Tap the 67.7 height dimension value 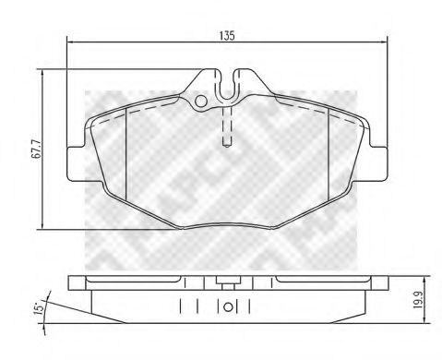click(30, 150)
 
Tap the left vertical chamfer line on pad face click(125, 152)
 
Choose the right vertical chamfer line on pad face click(330, 152)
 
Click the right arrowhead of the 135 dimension click(382, 42)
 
